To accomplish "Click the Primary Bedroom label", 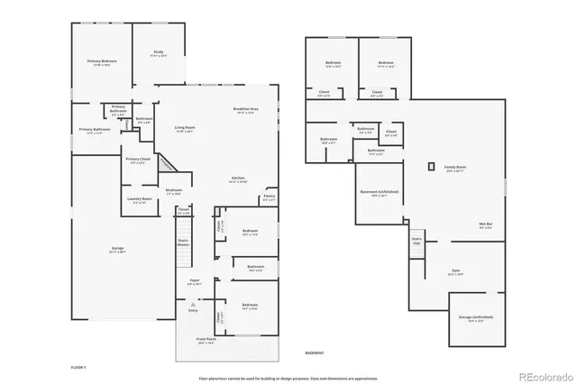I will pyautogui.click(x=99, y=63).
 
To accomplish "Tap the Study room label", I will pyautogui.click(x=159, y=54).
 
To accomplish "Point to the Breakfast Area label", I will pyautogui.click(x=245, y=111).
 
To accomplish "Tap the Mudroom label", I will pyautogui.click(x=174, y=191).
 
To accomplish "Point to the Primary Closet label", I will pyautogui.click(x=138, y=160).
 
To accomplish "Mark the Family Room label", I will pyautogui.click(x=454, y=168).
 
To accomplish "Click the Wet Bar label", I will pyautogui.click(x=460, y=225).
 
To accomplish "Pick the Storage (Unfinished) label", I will pyautogui.click(x=476, y=318).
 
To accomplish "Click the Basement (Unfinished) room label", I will pyautogui.click(x=380, y=193).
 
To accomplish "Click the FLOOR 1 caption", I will pyautogui.click(x=79, y=368).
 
